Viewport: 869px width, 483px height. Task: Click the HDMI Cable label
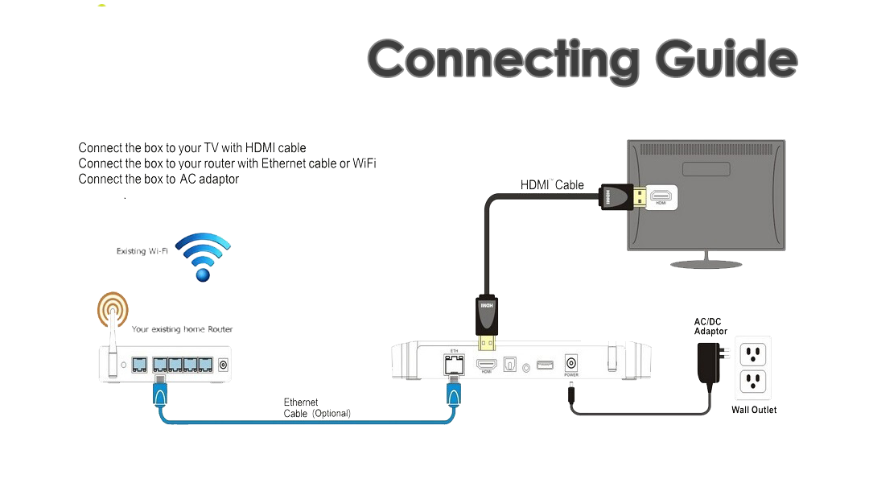[552, 185]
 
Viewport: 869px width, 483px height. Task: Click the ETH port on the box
[454, 363]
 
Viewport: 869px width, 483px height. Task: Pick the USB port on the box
[545, 365]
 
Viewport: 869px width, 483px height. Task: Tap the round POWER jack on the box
[571, 362]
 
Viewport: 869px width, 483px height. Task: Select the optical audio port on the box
[509, 365]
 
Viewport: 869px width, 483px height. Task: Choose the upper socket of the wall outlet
[753, 353]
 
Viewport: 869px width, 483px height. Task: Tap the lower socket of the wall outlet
[753, 381]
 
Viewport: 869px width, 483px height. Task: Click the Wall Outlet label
[754, 410]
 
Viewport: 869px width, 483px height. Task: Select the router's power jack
[222, 365]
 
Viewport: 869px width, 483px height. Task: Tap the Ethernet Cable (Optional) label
[316, 408]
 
